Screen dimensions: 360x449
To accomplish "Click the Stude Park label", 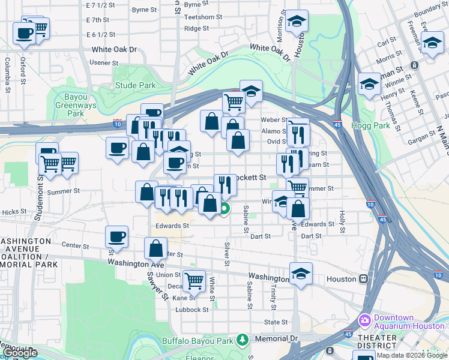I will (x=135, y=86).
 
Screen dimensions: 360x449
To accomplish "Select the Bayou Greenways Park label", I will (x=76, y=105).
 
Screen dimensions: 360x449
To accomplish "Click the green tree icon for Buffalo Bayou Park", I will (x=242, y=340).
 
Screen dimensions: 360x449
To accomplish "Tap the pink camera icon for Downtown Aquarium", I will (x=364, y=320).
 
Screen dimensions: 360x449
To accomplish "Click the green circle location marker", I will (x=224, y=209).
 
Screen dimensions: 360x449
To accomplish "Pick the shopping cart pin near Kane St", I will (x=194, y=280).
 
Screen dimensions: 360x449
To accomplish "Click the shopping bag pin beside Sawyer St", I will (x=155, y=247).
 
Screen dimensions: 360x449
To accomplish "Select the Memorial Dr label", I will (x=277, y=338).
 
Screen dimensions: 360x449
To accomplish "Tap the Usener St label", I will (x=104, y=62).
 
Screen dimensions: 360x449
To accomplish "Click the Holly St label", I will (x=342, y=221).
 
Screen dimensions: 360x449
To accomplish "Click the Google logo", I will (x=20, y=353).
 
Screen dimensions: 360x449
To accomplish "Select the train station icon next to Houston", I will (x=363, y=279).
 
